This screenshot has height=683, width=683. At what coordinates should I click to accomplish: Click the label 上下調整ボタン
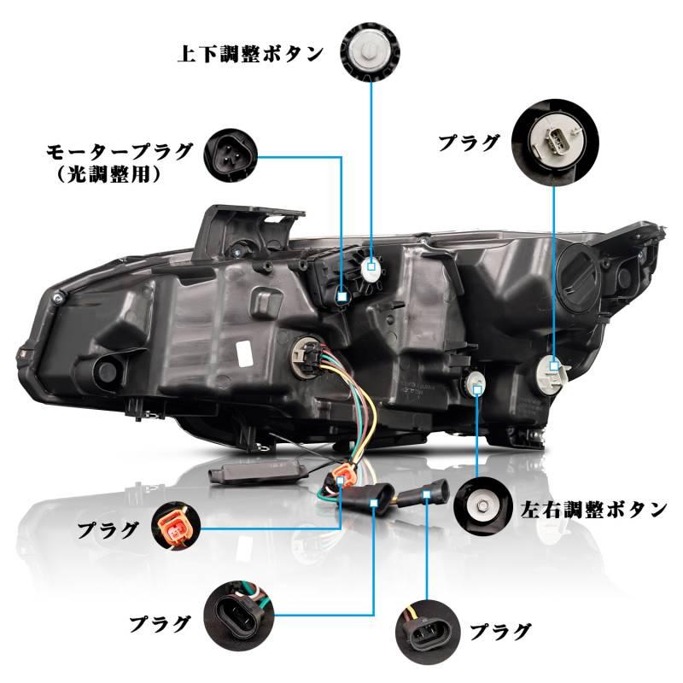(x=250, y=55)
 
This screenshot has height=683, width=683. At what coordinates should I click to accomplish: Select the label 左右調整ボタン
(x=593, y=511)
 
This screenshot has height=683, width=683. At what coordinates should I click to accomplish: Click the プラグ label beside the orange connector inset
(x=108, y=531)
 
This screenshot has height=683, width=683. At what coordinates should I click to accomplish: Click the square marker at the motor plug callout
(x=342, y=297)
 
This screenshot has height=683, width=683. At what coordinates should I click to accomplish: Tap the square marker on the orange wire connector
(x=341, y=482)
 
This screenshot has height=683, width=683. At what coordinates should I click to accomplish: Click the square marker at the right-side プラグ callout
(x=554, y=365)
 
